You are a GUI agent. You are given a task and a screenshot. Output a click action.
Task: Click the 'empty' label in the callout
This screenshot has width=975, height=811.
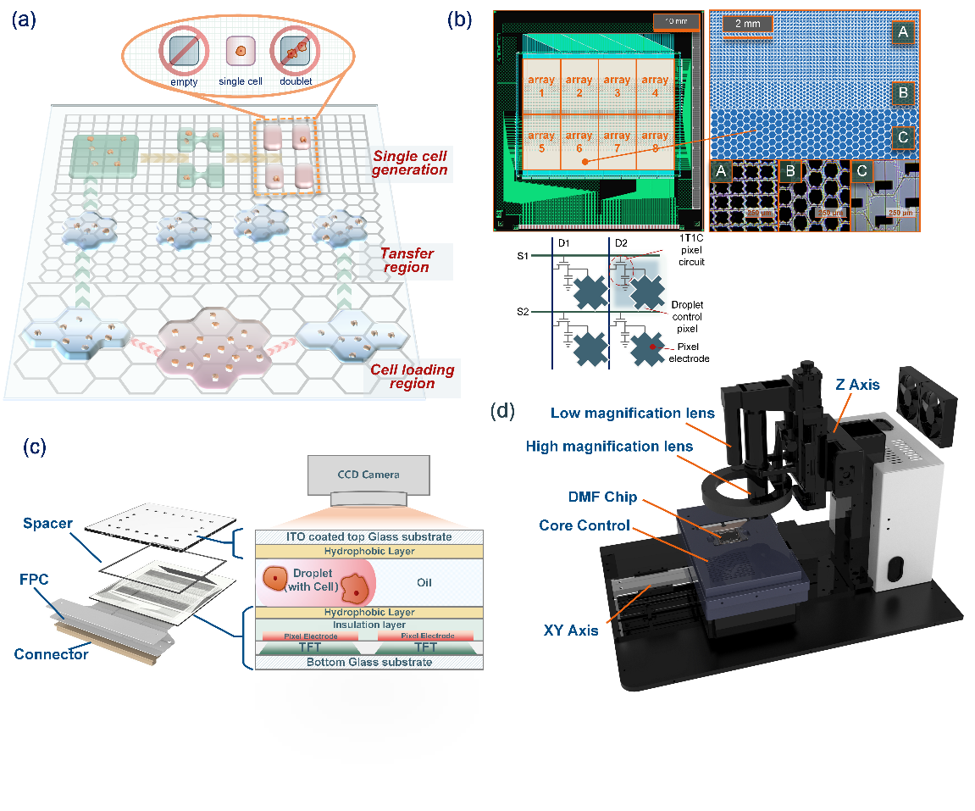183,81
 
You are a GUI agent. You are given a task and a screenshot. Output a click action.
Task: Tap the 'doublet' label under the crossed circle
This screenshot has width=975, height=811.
296,81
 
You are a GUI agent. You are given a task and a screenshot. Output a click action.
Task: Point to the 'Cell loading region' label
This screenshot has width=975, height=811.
412,377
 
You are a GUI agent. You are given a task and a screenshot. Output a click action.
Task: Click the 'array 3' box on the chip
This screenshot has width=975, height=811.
617,86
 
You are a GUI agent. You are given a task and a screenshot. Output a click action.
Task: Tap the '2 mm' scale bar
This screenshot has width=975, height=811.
748,25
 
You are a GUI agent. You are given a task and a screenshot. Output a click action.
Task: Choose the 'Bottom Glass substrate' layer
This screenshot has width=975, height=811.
368,661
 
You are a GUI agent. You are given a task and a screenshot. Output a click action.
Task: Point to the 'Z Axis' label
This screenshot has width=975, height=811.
858,386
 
